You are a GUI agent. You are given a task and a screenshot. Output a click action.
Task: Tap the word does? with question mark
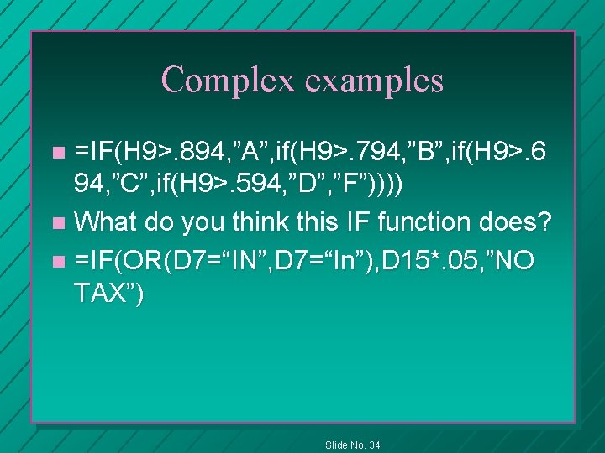pos(522,222)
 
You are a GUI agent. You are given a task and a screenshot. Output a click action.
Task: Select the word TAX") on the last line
pos(108,294)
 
